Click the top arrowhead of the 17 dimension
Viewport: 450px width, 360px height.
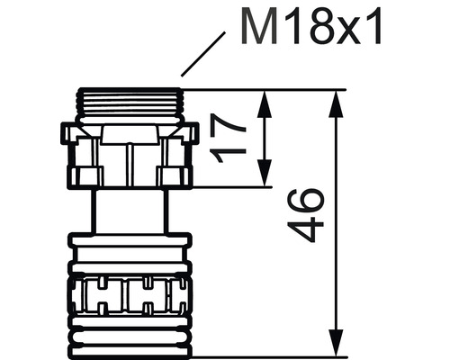[265, 98]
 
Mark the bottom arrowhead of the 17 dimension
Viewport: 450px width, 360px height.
[265, 179]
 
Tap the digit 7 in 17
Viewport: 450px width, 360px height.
[233, 129]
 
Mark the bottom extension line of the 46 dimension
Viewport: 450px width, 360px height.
[270, 356]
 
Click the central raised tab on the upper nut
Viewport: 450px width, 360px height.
[131, 136]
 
